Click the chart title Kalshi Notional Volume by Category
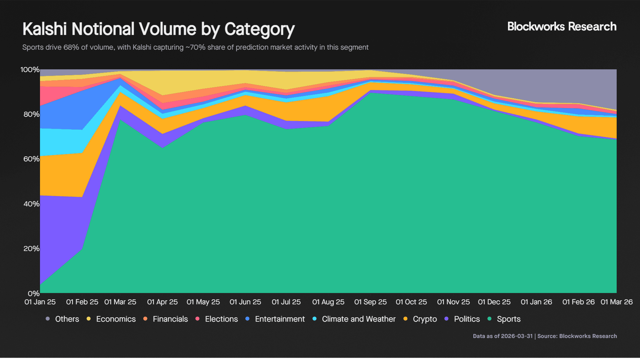158,29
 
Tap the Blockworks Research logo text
562,27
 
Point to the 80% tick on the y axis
31,114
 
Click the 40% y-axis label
31,204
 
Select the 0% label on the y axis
33,294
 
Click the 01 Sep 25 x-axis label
370,302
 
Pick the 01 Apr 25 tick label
162,302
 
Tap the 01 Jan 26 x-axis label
536,302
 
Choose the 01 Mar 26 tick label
616,302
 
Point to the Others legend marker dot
48,319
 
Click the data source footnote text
545,336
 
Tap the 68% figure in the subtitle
71,47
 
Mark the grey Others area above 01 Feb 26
578,87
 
